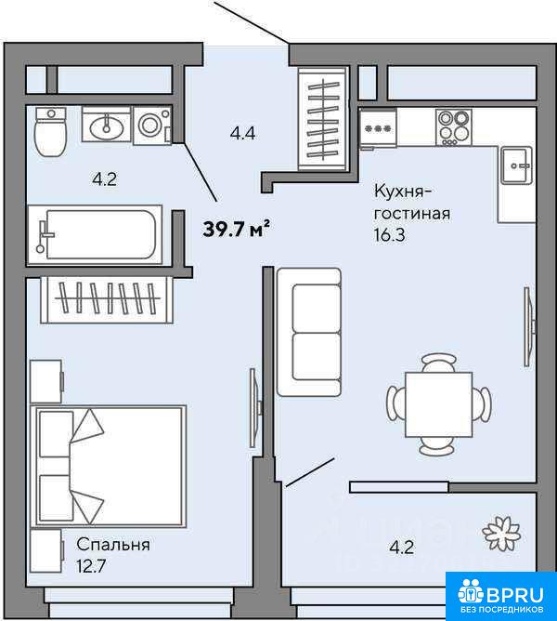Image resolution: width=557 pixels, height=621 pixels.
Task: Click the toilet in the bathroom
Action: click(51, 132)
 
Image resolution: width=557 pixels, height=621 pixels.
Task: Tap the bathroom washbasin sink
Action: click(106, 124)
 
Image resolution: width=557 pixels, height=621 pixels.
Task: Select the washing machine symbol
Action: click(152, 126)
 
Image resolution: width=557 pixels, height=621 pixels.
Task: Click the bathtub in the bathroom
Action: click(95, 234)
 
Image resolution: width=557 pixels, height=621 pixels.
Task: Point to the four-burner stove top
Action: click(454, 126)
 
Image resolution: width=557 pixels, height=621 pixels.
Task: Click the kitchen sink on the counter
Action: click(517, 165)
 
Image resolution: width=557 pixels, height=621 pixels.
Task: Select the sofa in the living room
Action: click(309, 332)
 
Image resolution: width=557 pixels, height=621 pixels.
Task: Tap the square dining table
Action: click(439, 404)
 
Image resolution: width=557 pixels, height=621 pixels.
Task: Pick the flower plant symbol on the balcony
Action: click(501, 535)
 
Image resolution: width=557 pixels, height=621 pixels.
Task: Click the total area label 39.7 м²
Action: click(236, 229)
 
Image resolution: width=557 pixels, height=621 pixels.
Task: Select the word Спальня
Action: click(113, 545)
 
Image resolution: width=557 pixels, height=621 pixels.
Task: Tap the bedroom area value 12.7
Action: click(91, 566)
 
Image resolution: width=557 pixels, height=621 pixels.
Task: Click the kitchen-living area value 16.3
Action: click(390, 235)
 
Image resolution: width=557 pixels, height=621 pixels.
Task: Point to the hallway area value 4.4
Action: click(243, 134)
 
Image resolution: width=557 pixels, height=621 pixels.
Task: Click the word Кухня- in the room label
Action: click(403, 192)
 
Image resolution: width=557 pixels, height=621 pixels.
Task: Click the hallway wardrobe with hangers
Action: click(323, 119)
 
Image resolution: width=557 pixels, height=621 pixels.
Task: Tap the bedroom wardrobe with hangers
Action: click(107, 299)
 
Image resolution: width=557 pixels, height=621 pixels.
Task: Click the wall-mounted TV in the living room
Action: click(529, 326)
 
